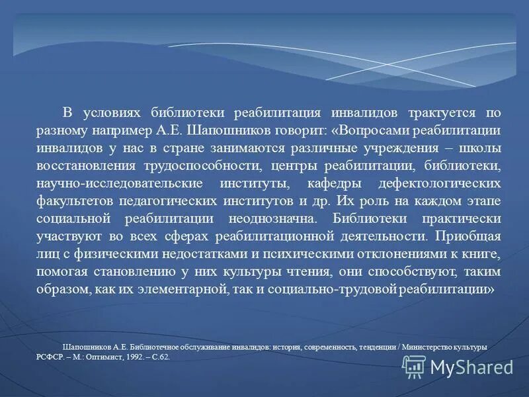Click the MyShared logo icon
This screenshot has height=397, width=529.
coord(414,366)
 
